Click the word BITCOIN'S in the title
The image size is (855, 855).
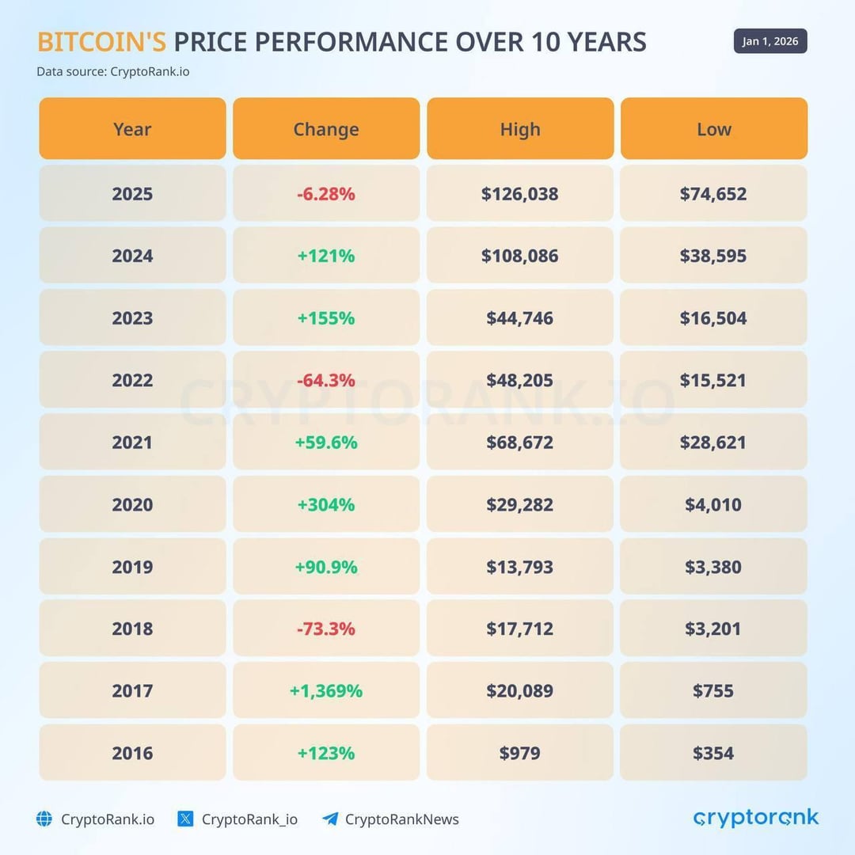click(x=101, y=42)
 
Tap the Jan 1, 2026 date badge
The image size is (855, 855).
click(x=769, y=41)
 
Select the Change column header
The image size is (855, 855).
click(x=326, y=129)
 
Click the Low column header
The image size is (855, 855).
click(x=713, y=129)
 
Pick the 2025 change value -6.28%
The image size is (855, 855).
click(x=326, y=194)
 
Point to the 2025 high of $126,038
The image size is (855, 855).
click(x=519, y=194)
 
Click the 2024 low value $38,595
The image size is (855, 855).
click(x=713, y=256)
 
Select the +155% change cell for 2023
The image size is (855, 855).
click(x=326, y=318)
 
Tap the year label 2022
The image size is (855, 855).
click(x=132, y=380)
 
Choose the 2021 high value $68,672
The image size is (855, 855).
click(x=519, y=443)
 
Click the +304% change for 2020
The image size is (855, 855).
click(x=326, y=504)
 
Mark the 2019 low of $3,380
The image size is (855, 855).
click(x=713, y=567)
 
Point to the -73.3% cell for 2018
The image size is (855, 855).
click(x=326, y=629)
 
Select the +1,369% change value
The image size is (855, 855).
click(x=326, y=691)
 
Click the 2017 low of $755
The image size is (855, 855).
click(x=713, y=691)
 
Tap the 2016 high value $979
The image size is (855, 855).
click(x=519, y=753)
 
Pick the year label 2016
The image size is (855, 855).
click(x=132, y=753)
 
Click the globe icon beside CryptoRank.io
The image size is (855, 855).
click(x=44, y=819)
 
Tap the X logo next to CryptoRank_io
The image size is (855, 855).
click(x=185, y=819)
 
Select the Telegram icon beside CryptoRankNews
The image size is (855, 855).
click(x=330, y=819)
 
